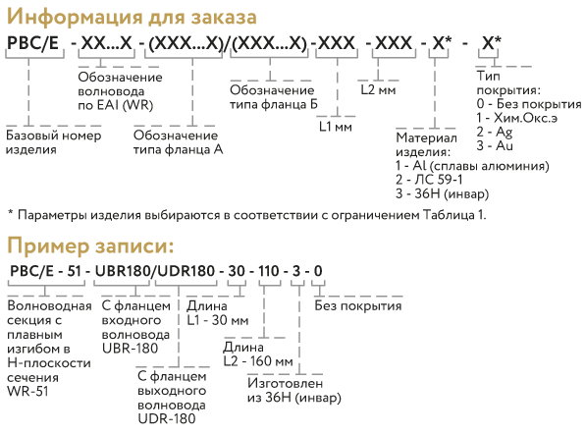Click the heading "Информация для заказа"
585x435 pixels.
(x=132, y=18)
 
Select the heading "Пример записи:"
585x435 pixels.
(x=90, y=246)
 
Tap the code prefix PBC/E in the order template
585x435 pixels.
(x=33, y=43)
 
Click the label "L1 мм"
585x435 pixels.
(x=336, y=127)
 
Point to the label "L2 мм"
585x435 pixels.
(x=378, y=90)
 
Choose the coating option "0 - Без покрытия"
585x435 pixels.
(x=529, y=104)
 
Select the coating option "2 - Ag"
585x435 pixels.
(x=495, y=132)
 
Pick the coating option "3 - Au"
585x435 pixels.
(x=495, y=145)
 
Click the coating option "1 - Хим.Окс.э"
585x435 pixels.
(x=517, y=118)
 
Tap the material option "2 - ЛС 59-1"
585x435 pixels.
(x=429, y=180)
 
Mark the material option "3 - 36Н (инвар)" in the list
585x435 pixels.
(x=442, y=193)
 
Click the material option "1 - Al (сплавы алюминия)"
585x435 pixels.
(x=472, y=166)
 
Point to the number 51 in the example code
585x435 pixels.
(x=74, y=271)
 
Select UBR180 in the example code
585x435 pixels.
(x=123, y=271)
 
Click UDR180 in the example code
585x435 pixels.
(x=186, y=271)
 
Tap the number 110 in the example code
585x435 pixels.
(x=268, y=271)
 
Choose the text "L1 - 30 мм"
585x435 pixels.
(x=218, y=320)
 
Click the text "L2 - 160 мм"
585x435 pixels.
(x=258, y=361)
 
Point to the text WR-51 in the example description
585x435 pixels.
(x=27, y=392)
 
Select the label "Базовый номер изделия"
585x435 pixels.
(x=53, y=142)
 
